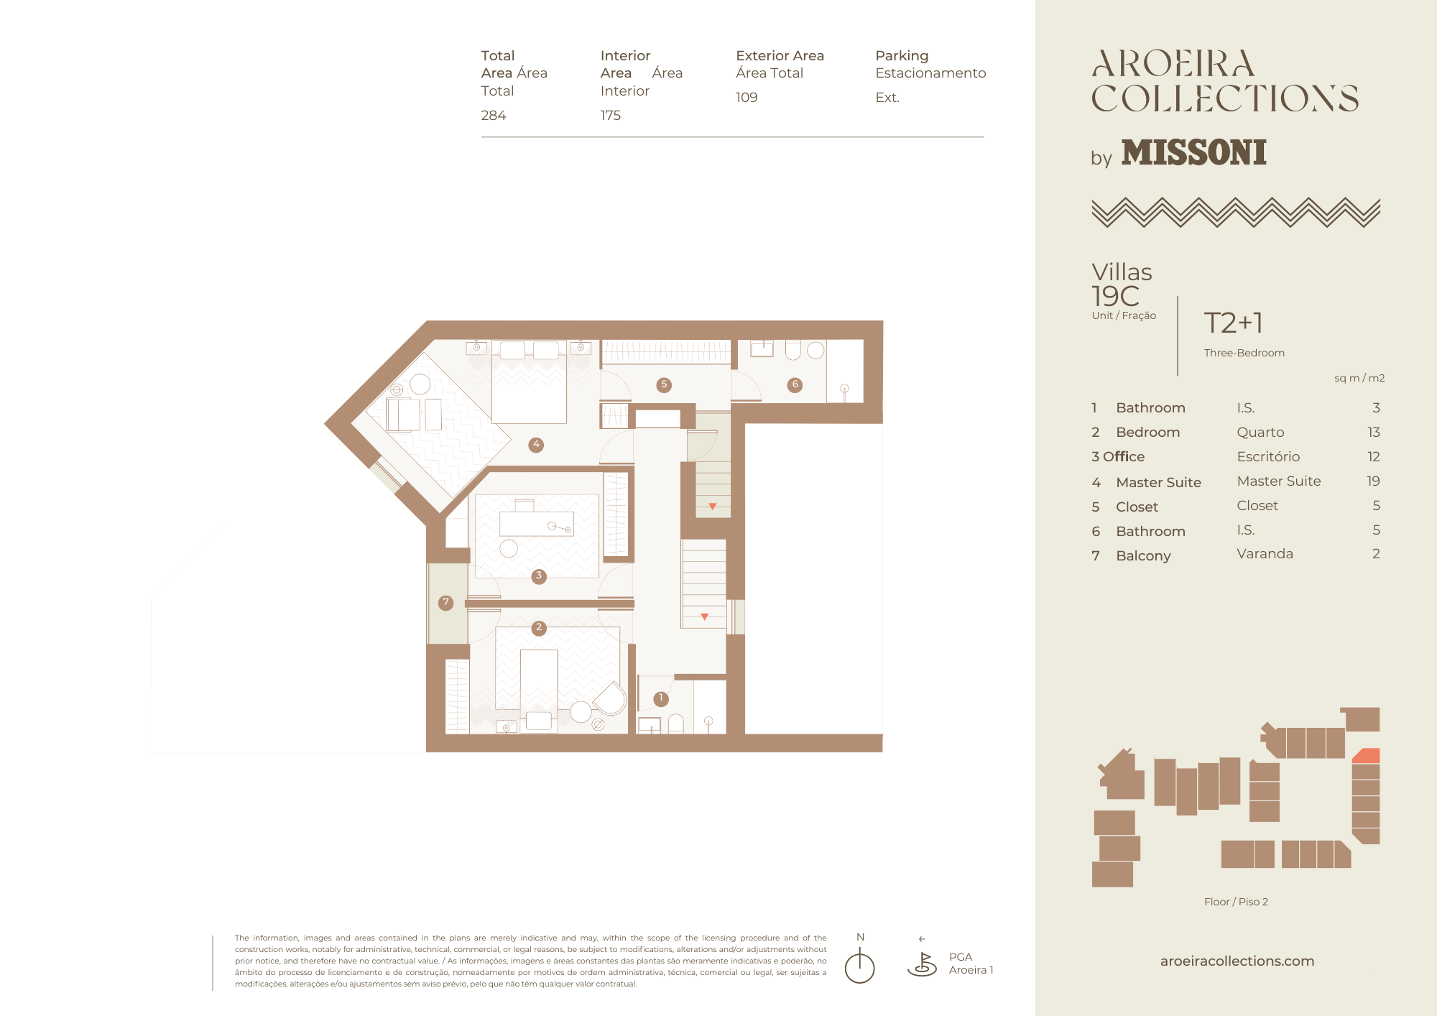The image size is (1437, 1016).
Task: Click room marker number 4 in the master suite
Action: (x=536, y=445)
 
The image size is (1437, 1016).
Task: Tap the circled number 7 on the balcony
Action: (x=446, y=603)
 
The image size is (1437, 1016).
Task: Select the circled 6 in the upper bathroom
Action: (x=795, y=385)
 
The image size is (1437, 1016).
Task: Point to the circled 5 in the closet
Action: (x=664, y=385)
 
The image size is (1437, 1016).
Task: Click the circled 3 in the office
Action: (x=539, y=576)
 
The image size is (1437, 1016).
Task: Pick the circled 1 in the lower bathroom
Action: (x=661, y=698)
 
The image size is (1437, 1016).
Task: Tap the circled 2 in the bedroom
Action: (x=539, y=628)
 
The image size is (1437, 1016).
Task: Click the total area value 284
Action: (x=494, y=116)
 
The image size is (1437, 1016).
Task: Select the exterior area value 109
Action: (x=747, y=98)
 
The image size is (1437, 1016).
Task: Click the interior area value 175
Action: (x=611, y=116)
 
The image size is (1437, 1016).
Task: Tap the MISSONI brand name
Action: (x=1194, y=152)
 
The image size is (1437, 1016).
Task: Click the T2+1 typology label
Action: (x=1234, y=323)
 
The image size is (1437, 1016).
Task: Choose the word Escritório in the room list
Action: (x=1268, y=457)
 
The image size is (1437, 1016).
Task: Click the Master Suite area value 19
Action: (x=1373, y=481)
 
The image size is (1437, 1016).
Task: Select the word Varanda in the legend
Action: (x=1265, y=554)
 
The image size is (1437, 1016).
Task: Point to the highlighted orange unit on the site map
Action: (x=1367, y=756)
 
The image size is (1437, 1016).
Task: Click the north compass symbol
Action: (x=859, y=965)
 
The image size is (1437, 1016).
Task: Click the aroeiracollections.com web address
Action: (x=1237, y=961)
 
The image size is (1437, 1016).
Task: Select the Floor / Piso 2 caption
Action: (x=1236, y=902)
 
